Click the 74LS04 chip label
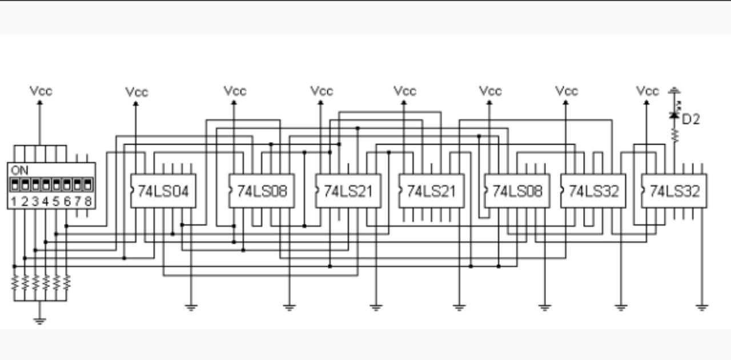tap(164, 191)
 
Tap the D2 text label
tap(691, 119)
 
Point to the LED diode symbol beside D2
tap(674, 115)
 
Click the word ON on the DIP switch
tap(19, 170)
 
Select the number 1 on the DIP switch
tap(14, 201)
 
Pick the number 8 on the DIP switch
tap(88, 201)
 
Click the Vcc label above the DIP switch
tap(41, 91)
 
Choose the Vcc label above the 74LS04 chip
tap(136, 92)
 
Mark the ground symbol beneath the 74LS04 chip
tap(191, 307)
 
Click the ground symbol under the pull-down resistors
tap(39, 320)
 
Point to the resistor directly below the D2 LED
tap(674, 135)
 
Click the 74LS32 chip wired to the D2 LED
tap(674, 191)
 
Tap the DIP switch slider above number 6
tap(67, 185)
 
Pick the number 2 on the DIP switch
tap(25, 201)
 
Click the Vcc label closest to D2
tap(647, 91)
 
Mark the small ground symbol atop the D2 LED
tap(674, 90)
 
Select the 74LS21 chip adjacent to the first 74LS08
tap(348, 191)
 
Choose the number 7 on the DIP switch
tap(77, 201)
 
